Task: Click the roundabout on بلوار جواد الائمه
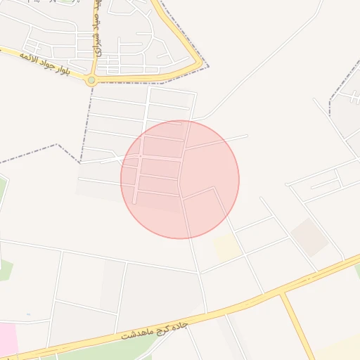(x=91, y=81)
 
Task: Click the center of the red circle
(x=180, y=179)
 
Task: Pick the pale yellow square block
(x=226, y=247)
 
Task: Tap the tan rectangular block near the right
(x=309, y=236)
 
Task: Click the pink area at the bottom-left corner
(x=7, y=339)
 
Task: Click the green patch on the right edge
(x=356, y=270)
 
